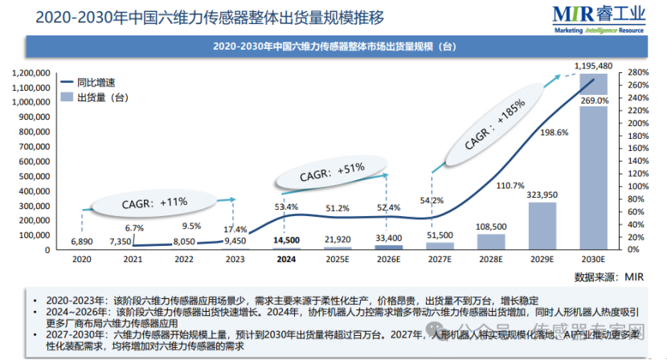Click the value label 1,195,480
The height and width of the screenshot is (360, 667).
click(595, 65)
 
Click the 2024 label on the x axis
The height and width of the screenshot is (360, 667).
click(286, 260)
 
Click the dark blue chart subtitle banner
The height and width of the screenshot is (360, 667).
click(333, 47)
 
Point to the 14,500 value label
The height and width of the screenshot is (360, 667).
click(286, 239)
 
